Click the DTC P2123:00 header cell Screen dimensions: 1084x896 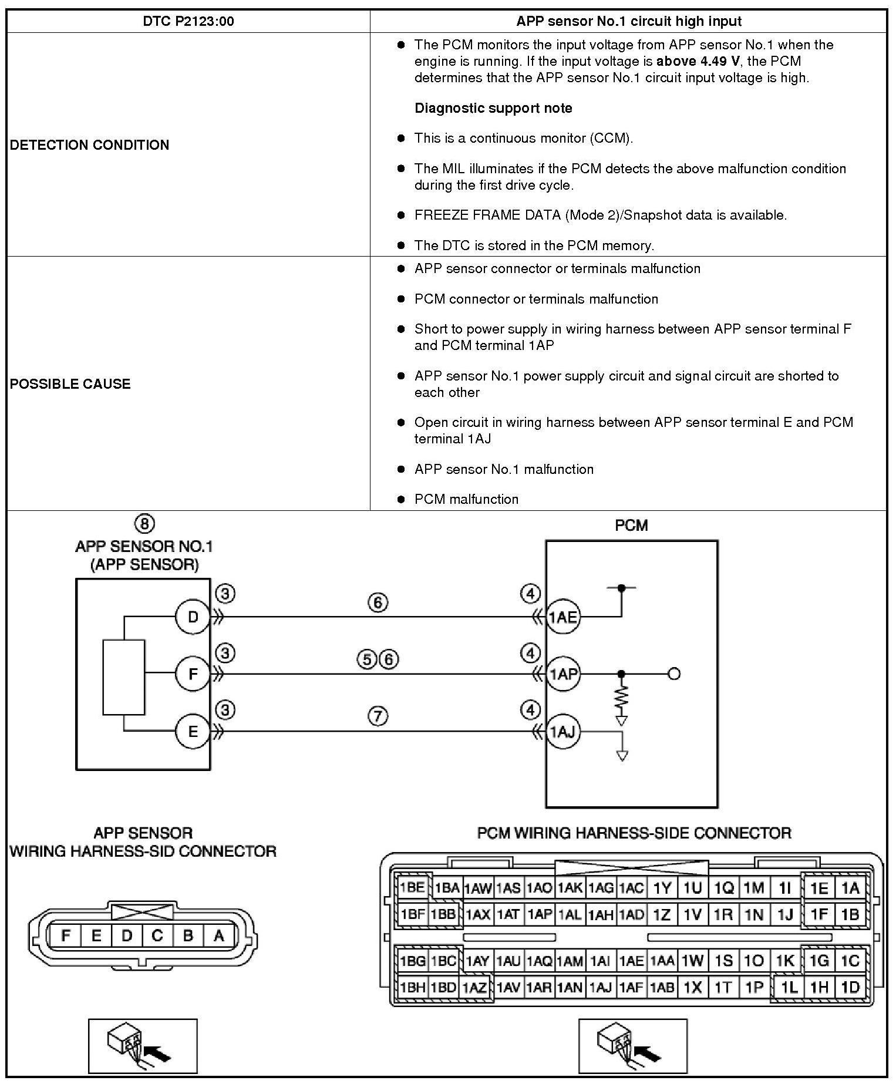(x=188, y=22)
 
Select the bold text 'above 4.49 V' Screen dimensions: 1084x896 (x=698, y=62)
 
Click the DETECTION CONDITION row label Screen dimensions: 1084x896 (x=90, y=145)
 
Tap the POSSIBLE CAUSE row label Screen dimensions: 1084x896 (x=70, y=384)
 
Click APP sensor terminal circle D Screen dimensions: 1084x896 (x=193, y=617)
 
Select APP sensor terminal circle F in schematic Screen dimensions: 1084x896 (x=193, y=674)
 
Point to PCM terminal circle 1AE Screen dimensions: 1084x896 (x=563, y=617)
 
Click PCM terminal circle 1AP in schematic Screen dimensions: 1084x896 (x=563, y=674)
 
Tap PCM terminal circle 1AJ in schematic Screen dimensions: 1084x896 (x=563, y=732)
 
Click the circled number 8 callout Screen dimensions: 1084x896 (x=144, y=523)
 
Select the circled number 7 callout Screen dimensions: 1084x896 (x=378, y=716)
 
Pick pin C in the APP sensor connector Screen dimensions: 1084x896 (x=157, y=935)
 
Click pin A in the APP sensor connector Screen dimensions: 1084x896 (x=218, y=935)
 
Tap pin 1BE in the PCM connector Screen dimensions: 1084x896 (x=412, y=887)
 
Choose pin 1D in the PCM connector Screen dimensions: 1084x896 (x=850, y=987)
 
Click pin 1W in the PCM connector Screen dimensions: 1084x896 (x=693, y=961)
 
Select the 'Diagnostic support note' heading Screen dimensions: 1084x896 (x=493, y=108)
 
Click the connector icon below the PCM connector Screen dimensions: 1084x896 (x=632, y=1046)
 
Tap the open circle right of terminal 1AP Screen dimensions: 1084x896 (x=674, y=674)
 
